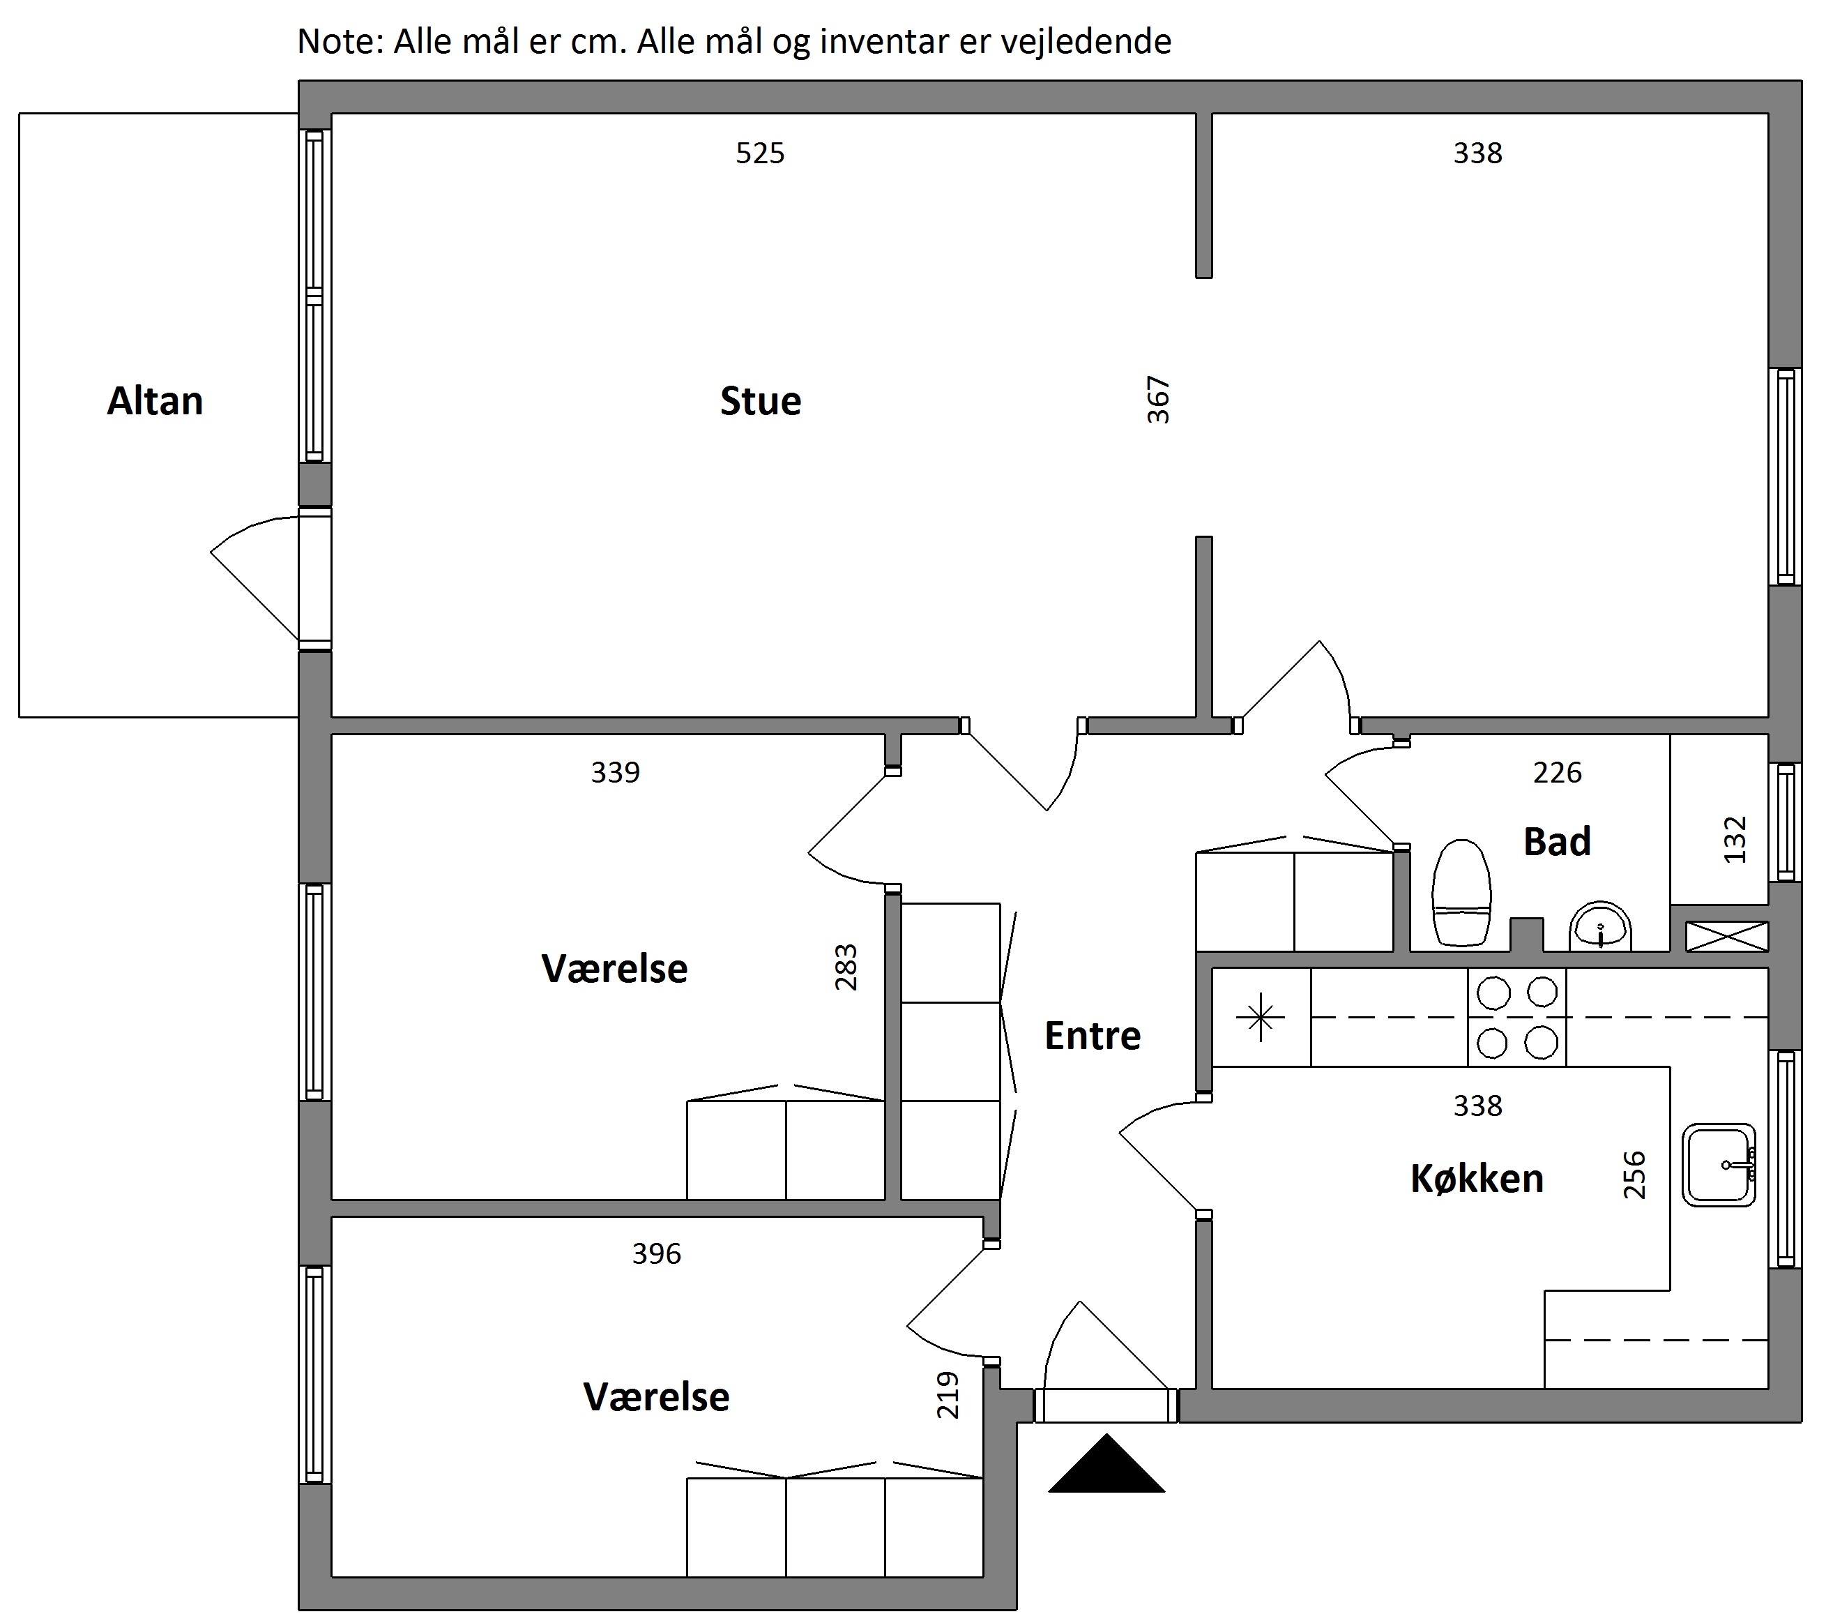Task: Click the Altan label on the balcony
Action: (x=155, y=401)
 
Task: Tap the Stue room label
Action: (x=760, y=401)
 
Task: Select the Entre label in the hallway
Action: (x=1093, y=1036)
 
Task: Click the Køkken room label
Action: (x=1477, y=1179)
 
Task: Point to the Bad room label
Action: (x=1557, y=842)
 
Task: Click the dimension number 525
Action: (x=760, y=153)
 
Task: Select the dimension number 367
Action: (x=1158, y=400)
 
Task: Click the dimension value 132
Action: (x=1734, y=839)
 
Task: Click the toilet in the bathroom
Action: (x=1461, y=893)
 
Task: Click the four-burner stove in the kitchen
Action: (x=1517, y=1017)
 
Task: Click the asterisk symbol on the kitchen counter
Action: (x=1261, y=1017)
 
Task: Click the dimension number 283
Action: (x=845, y=967)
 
